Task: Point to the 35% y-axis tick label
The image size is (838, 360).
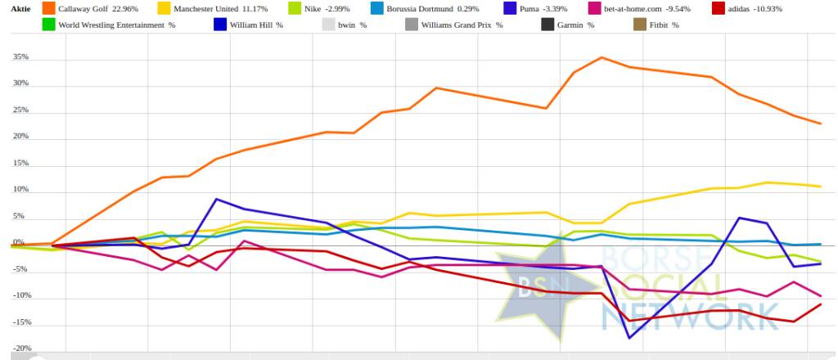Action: (x=20, y=57)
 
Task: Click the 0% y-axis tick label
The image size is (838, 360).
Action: (x=19, y=243)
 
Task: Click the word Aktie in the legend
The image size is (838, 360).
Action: (x=20, y=9)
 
